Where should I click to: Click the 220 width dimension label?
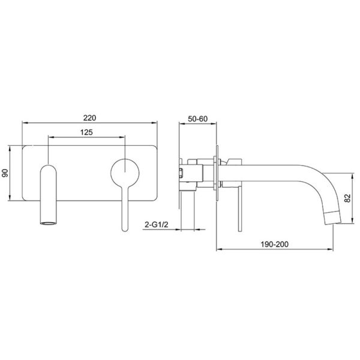point(89,118)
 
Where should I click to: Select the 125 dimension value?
point(86,133)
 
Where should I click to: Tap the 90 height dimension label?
point(5,173)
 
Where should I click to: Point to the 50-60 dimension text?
point(197,119)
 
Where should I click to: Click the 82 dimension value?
point(348,198)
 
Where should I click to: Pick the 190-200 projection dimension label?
point(275,244)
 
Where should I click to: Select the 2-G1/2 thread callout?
point(157,224)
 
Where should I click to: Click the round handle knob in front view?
point(125,173)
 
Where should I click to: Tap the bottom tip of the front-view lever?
point(125,230)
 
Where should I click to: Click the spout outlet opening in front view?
point(48,223)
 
